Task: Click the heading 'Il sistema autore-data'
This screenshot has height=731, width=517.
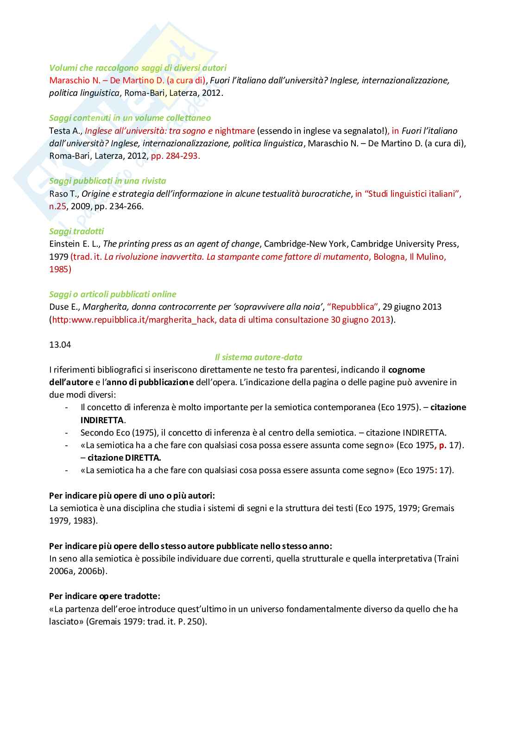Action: [x=258, y=357]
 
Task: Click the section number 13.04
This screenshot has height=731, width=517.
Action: [x=60, y=344]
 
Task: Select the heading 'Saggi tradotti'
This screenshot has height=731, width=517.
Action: [x=76, y=231]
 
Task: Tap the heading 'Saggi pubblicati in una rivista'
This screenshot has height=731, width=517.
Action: [x=107, y=181]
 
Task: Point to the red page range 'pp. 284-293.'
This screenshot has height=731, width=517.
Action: [x=176, y=156]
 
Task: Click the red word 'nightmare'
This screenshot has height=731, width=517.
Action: [x=235, y=131]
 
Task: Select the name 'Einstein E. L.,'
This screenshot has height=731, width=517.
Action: [x=75, y=244]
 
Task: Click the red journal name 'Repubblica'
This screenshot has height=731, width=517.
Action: [x=352, y=306]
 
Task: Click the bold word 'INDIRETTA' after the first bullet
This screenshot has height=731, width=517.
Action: [x=102, y=420]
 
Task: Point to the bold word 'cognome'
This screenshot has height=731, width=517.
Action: [x=406, y=369]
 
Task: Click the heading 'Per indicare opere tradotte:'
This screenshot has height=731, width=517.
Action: [x=105, y=596]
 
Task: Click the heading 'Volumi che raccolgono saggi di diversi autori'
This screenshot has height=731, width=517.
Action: [x=138, y=68]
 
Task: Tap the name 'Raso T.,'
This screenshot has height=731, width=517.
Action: [x=64, y=194]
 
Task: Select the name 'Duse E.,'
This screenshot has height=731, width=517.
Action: [x=64, y=306]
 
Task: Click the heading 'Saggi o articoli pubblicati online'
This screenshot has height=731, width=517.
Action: [x=113, y=294]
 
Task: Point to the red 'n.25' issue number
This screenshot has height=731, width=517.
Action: [x=58, y=206]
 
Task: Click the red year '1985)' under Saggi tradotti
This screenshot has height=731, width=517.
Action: [x=60, y=269]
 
